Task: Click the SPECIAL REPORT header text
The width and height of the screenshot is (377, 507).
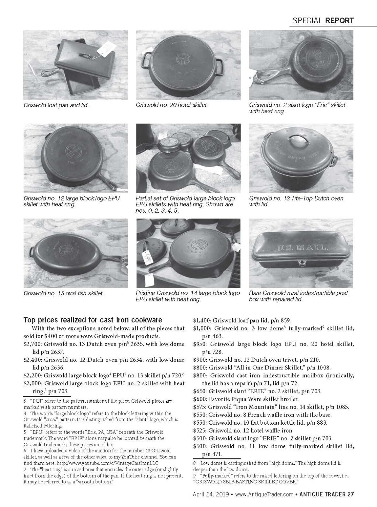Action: coord(323,20)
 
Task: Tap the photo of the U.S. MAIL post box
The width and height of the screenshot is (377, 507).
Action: coord(301,253)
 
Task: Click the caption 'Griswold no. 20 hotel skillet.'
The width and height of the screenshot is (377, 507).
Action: coord(172,105)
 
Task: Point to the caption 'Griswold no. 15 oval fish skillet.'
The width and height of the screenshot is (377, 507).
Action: coord(64,293)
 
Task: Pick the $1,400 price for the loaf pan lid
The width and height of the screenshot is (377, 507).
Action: coord(202,320)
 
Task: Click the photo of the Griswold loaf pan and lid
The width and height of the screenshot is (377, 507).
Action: coord(76,65)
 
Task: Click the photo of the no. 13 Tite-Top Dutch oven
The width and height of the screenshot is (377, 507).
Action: coord(301,158)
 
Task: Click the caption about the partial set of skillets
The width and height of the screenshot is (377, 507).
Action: coord(185,204)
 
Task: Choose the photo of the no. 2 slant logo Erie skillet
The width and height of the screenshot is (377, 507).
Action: coord(301,65)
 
